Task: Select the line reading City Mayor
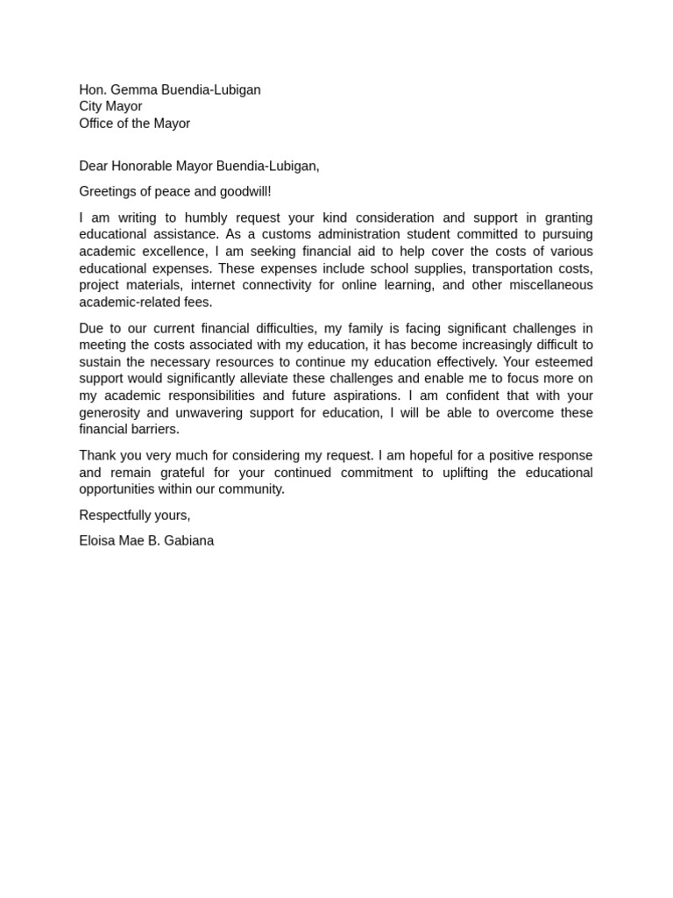(x=110, y=106)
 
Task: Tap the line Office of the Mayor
(x=134, y=124)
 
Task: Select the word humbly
(x=205, y=217)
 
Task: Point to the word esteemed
(x=563, y=362)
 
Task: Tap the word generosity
(x=112, y=413)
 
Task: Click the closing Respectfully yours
(x=134, y=515)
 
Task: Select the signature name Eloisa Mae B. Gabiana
(x=146, y=540)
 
